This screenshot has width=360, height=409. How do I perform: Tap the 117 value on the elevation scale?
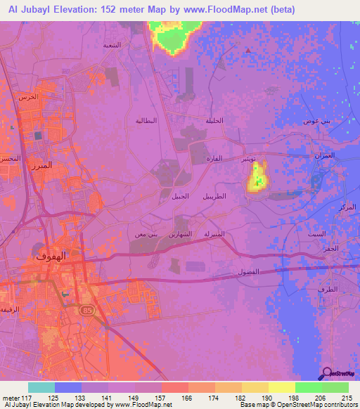[26, 398]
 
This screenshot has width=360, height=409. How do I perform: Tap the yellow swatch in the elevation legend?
[281, 387]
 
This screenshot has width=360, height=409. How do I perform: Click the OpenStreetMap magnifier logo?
[326, 374]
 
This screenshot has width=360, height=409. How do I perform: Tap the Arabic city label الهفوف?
[51, 257]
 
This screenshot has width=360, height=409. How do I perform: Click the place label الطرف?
[328, 289]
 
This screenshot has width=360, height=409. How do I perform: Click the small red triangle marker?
[247, 50]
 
